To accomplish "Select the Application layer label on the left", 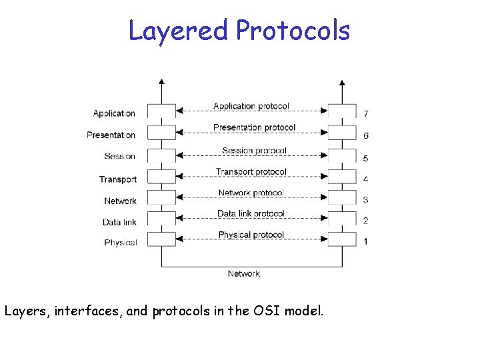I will [114, 113].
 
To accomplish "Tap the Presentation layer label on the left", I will [111, 135].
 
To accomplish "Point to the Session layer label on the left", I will [119, 156].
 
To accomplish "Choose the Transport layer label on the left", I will [117, 179].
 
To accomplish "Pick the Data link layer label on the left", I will [119, 222].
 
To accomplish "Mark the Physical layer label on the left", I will [120, 243].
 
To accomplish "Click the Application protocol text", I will [251, 106].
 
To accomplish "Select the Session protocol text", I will [254, 150].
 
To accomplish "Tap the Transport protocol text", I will [251, 171].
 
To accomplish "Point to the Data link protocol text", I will [251, 213].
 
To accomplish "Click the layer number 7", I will [365, 113].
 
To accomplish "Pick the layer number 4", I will [365, 179].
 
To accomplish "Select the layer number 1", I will [365, 242].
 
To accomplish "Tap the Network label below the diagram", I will [243, 273].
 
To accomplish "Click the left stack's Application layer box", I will [161, 111].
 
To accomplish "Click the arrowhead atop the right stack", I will [342, 83].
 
